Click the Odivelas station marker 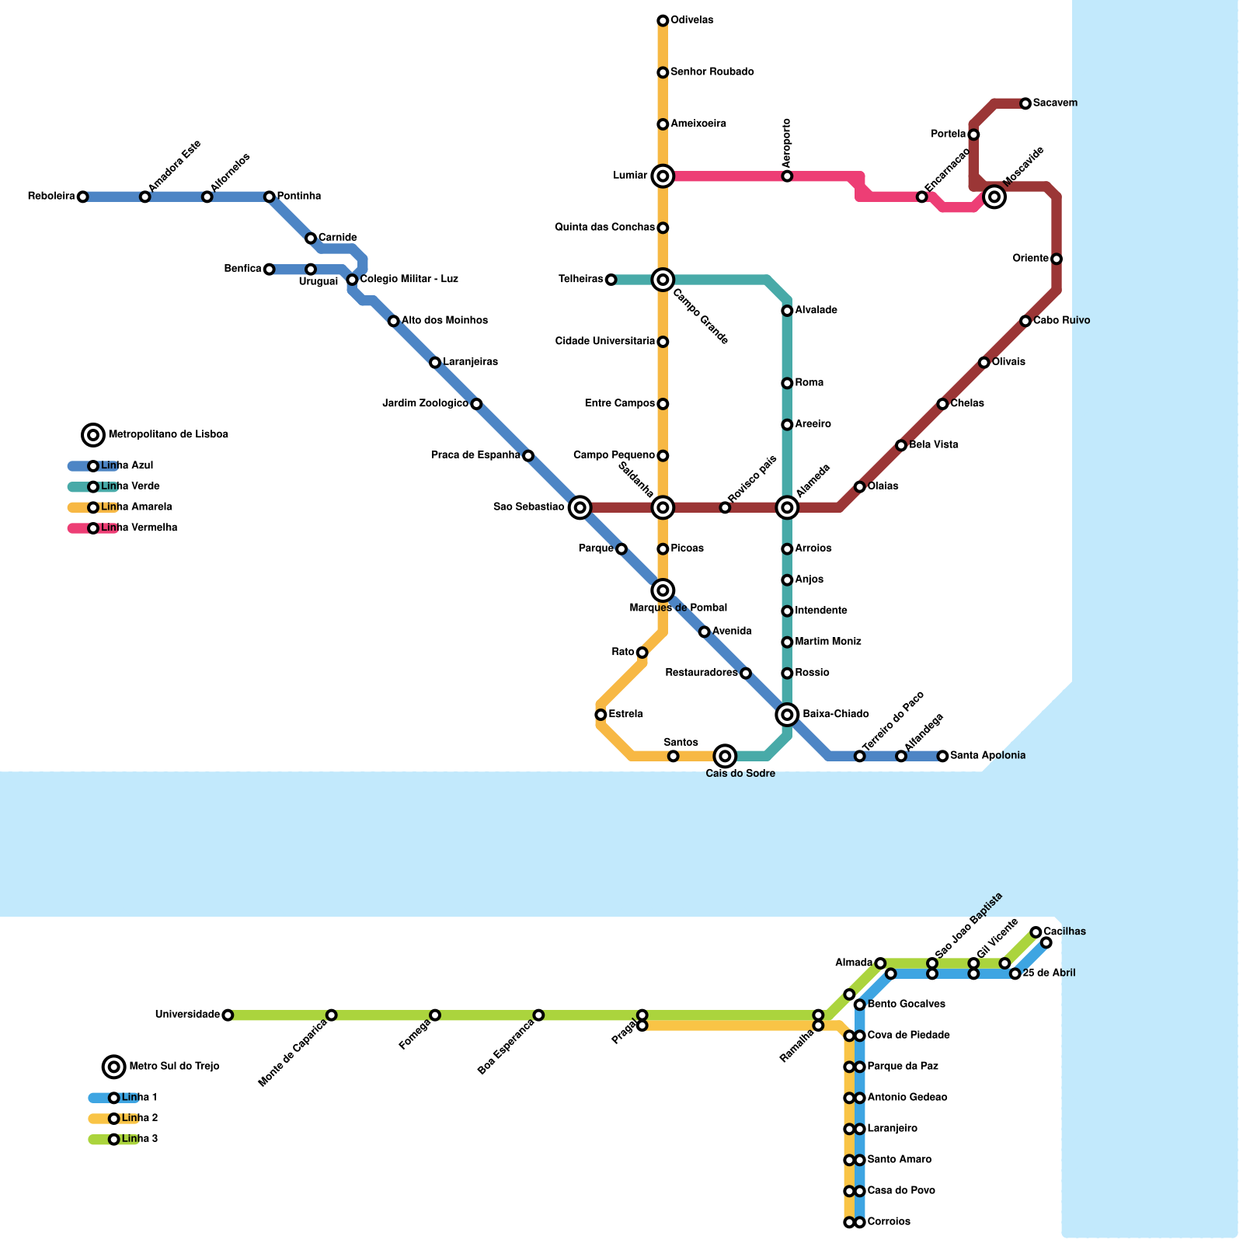[663, 20]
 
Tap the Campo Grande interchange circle [663, 280]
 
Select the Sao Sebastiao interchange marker [580, 507]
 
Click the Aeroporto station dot [787, 176]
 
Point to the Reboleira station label [51, 197]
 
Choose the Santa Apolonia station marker [942, 756]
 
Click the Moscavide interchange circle [994, 197]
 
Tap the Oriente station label [1031, 259]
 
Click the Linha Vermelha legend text [139, 528]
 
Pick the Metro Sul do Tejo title [174, 1067]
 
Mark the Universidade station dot [228, 1015]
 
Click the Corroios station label [889, 1222]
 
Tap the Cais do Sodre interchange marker [725, 755]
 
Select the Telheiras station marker [611, 280]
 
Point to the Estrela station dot [601, 715]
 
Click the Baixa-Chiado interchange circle [787, 714]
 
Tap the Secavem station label [1055, 103]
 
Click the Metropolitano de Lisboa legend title [168, 435]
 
